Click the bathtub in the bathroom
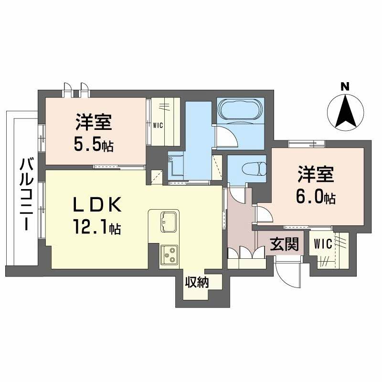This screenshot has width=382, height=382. [x=240, y=110]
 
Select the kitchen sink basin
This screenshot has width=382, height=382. [x=169, y=222]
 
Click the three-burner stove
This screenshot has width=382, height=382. [x=169, y=255]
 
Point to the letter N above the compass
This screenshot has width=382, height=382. [x=345, y=86]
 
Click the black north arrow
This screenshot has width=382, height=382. [x=345, y=113]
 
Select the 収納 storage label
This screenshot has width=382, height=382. [x=197, y=282]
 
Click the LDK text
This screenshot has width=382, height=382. [x=97, y=205]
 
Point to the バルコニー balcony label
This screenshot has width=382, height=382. [x=25, y=194]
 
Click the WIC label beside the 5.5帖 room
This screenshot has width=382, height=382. [x=158, y=126]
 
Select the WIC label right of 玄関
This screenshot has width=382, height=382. [x=323, y=244]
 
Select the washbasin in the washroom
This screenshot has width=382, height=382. [x=174, y=165]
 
